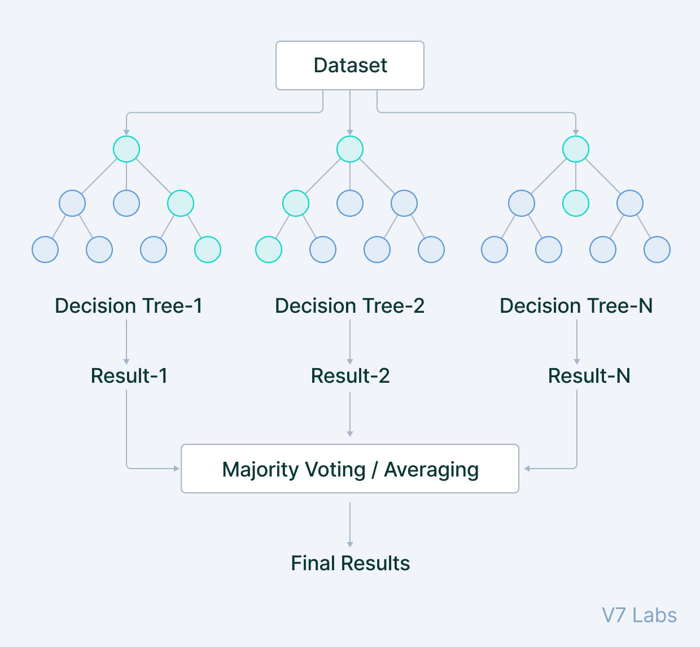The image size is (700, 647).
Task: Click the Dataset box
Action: [x=350, y=65]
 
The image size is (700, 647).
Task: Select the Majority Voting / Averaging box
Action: [x=350, y=469]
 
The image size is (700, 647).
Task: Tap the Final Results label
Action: [x=350, y=563]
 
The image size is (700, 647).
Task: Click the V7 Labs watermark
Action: [x=639, y=615]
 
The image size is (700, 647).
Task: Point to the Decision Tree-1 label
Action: [x=128, y=305]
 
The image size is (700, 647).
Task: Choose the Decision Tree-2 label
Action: [x=349, y=305]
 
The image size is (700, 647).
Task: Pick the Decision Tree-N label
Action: [x=576, y=305]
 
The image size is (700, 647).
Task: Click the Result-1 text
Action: [x=129, y=375]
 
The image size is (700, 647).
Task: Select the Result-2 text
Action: [x=350, y=375]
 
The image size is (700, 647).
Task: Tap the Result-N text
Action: [x=589, y=375]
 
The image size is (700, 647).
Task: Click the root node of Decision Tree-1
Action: [x=126, y=149]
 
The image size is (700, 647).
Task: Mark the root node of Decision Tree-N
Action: [x=576, y=149]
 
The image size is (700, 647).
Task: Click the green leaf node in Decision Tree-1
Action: [x=208, y=250]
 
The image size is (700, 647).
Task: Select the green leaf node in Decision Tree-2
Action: [x=269, y=250]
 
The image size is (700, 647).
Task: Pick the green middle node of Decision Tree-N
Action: [x=576, y=203]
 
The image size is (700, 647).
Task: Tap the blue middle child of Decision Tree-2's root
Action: [x=350, y=203]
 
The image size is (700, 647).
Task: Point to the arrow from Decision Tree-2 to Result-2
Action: [x=350, y=342]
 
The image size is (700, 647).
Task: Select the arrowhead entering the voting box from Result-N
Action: [x=527, y=469]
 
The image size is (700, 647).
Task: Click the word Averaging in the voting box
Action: [x=431, y=470]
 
